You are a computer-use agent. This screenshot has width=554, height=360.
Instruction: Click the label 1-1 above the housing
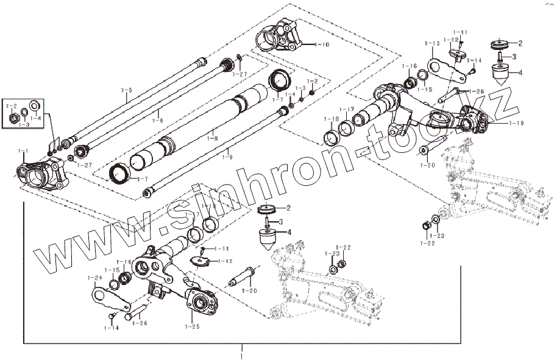click(23, 150)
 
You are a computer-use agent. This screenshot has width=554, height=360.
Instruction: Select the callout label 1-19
click(498, 123)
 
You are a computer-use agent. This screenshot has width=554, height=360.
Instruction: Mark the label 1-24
click(94, 278)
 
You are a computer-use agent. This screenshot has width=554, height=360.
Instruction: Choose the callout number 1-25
click(191, 327)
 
